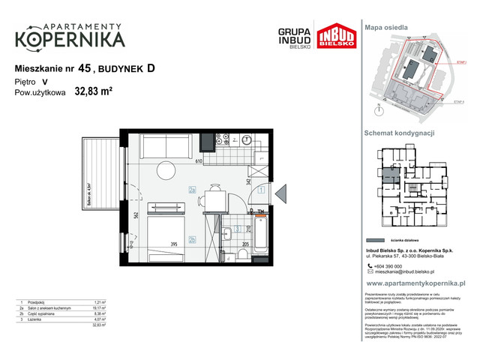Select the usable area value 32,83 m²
pyautogui.click(x=94, y=93)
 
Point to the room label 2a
pyautogui.click(x=193, y=190)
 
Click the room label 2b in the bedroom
pyautogui.click(x=193, y=239)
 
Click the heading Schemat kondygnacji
pyautogui.click(x=400, y=133)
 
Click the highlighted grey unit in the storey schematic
pyautogui.click(x=388, y=176)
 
